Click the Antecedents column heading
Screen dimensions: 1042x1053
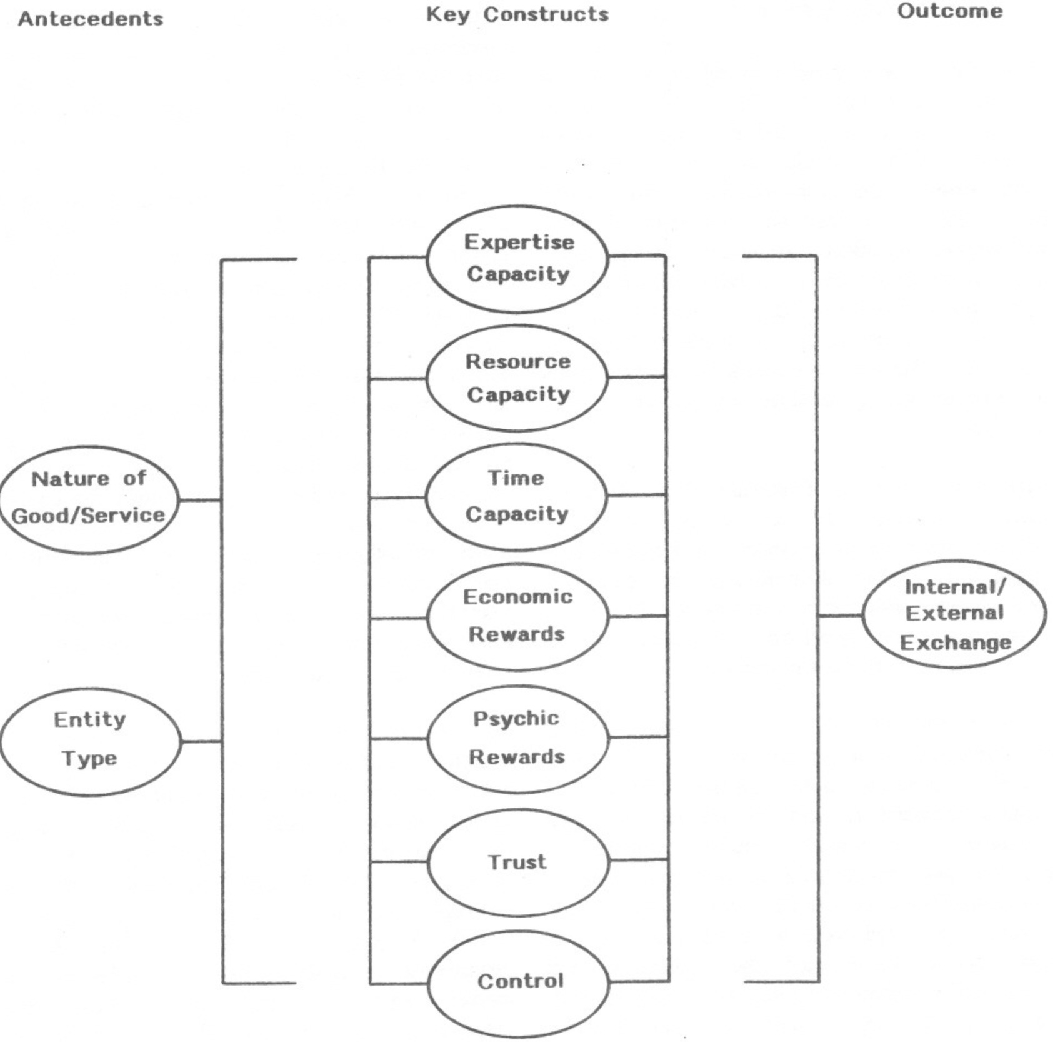pos(91,19)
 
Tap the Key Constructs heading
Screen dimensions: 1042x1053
pos(517,14)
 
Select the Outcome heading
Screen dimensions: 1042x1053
pos(949,11)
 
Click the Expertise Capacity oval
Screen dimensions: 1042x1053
pos(517,258)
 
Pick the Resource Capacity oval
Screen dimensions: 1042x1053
pos(517,378)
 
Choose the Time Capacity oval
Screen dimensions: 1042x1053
pos(516,496)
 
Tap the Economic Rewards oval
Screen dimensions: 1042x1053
pos(517,616)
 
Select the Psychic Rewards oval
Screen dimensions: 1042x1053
pos(517,738)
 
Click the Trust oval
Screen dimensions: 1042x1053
pos(517,862)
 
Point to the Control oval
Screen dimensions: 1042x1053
pos(519,982)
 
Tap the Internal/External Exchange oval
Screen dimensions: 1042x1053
pos(954,614)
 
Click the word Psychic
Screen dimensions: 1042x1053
pos(516,719)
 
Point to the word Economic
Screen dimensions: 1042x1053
pos(517,597)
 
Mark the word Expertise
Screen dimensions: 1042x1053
pos(519,242)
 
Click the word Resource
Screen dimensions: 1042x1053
pos(517,361)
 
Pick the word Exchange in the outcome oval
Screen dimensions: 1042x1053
pos(955,643)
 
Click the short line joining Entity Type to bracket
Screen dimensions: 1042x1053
pos(201,741)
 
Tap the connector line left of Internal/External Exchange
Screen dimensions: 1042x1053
pos(840,615)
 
